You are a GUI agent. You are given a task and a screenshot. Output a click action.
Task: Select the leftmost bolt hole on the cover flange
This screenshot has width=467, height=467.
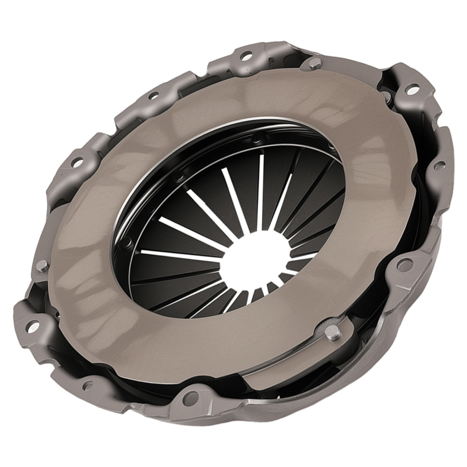tap(32, 326)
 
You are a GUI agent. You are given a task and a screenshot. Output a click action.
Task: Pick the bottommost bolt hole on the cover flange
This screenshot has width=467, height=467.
tap(190, 398)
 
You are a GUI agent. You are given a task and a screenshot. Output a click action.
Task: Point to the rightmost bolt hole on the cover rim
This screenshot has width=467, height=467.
tap(439, 165)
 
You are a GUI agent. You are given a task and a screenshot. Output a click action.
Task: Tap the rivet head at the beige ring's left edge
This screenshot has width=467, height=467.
tap(42, 266)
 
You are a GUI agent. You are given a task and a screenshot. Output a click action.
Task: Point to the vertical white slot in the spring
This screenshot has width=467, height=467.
tap(261, 191)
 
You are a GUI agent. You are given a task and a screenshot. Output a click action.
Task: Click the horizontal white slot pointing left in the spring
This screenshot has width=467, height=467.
tap(177, 255)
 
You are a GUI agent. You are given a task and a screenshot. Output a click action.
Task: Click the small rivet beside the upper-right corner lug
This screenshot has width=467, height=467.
tap(387, 97)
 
